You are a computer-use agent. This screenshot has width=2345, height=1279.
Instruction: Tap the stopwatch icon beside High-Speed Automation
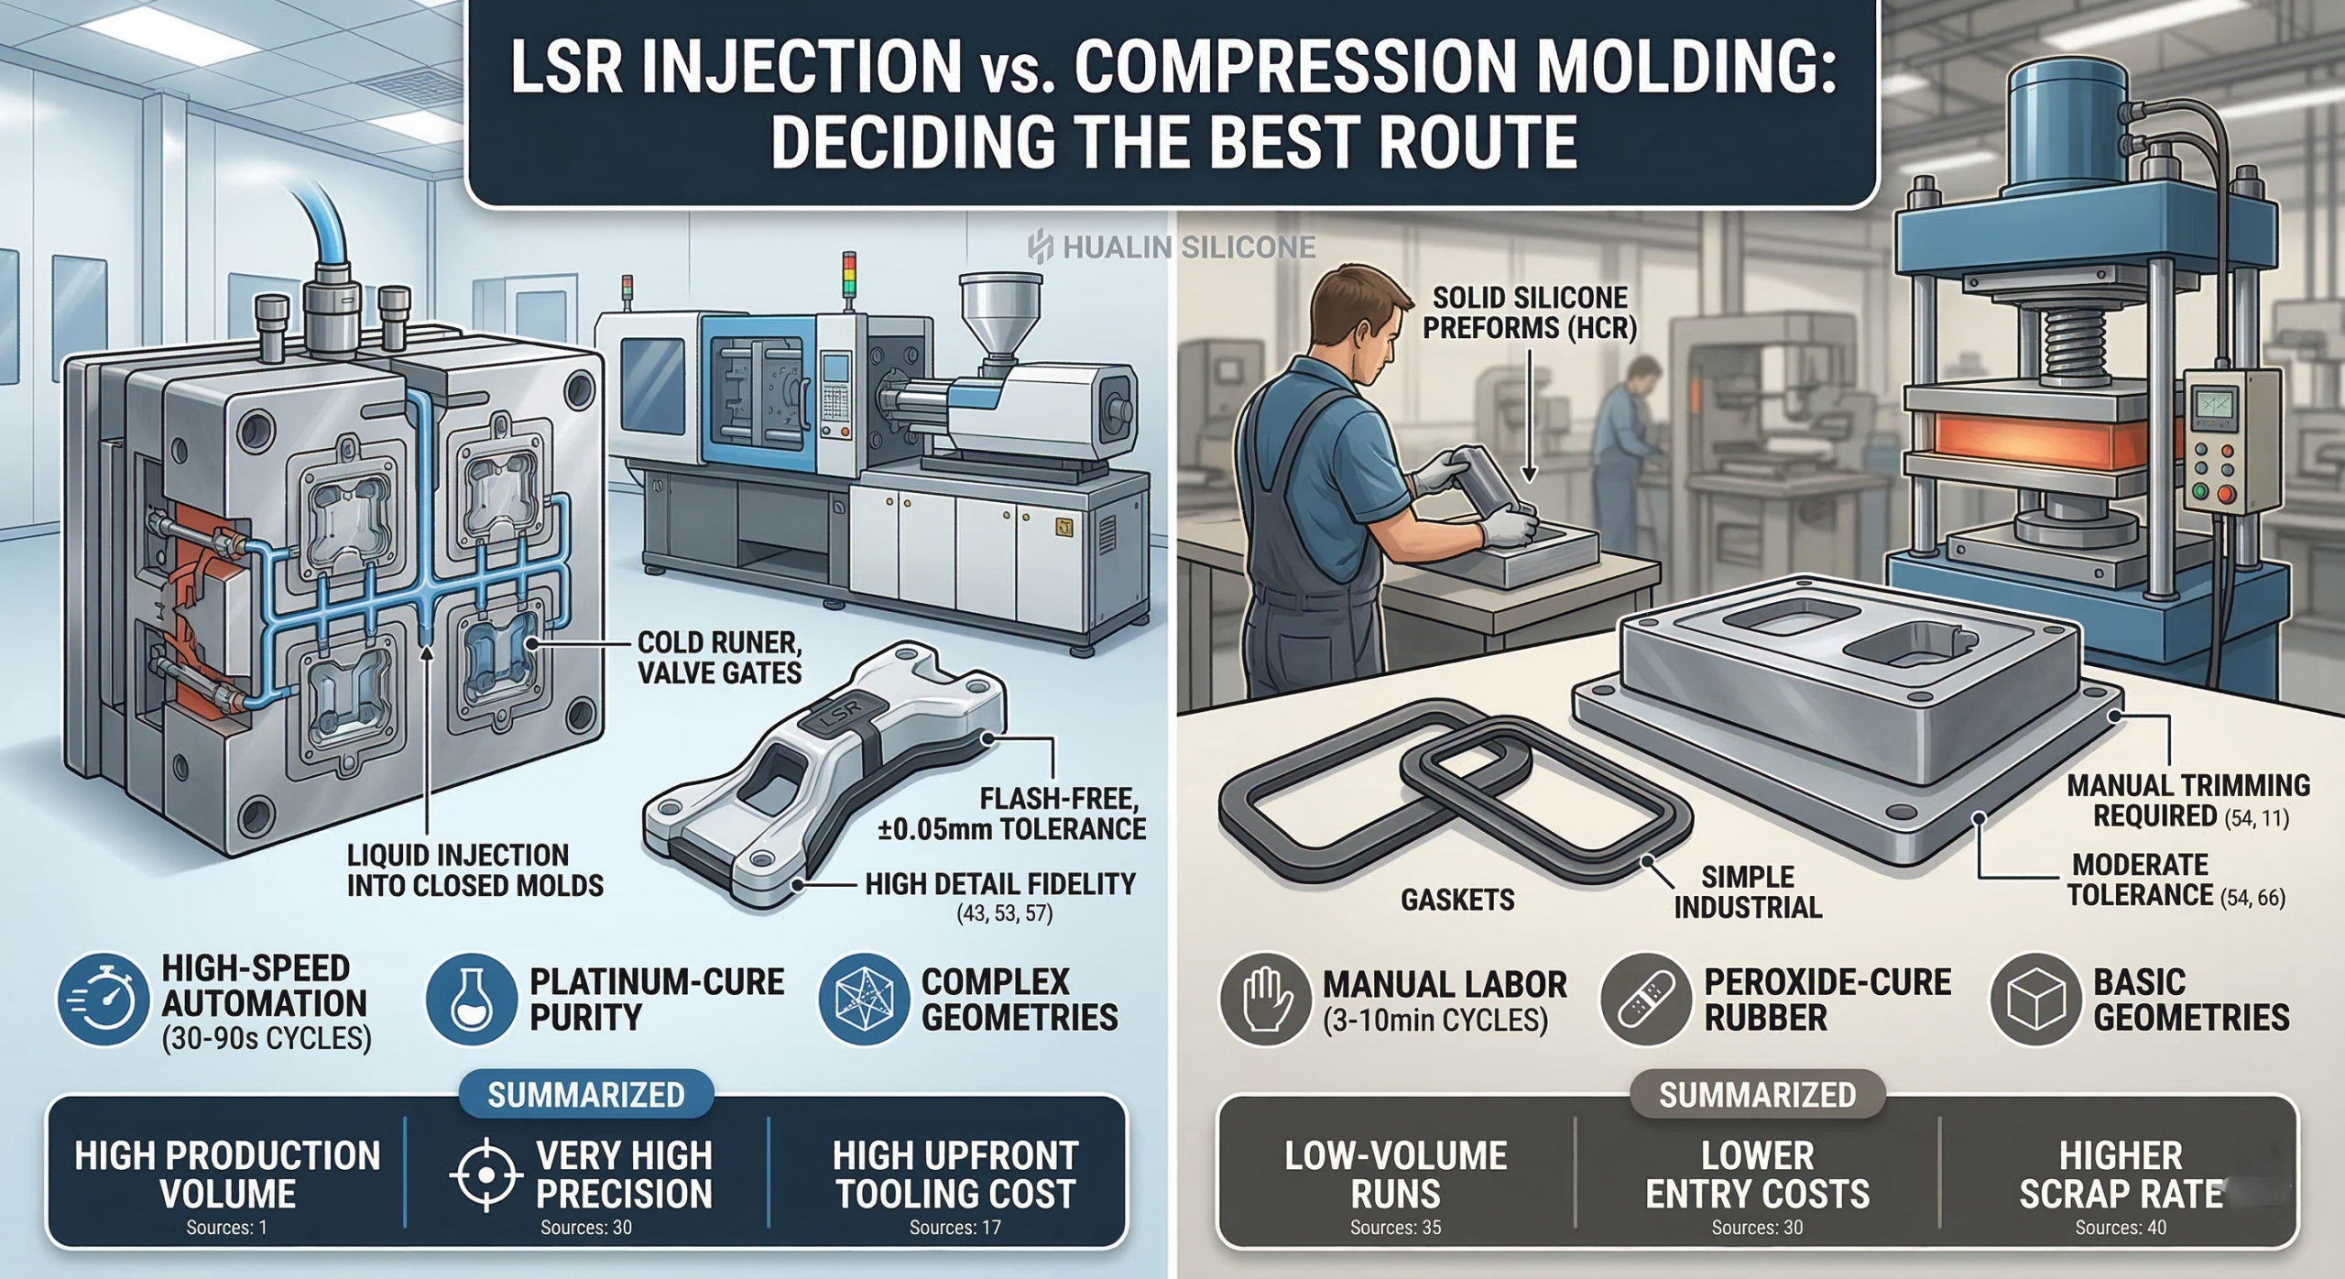103,1000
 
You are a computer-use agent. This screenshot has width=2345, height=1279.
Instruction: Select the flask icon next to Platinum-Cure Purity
471,1000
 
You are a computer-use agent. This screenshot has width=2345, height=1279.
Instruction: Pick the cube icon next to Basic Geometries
2034,1000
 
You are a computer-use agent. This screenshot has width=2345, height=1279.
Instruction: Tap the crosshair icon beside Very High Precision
486,1175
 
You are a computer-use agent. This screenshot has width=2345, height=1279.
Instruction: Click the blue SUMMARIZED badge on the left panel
585,1095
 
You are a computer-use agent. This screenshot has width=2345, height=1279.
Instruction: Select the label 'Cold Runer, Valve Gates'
719,658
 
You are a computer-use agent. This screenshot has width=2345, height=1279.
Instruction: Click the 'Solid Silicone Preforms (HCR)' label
1529,312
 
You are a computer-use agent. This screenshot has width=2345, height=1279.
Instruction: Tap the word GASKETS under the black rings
1456,900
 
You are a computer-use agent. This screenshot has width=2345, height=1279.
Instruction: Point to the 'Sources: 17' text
954,1228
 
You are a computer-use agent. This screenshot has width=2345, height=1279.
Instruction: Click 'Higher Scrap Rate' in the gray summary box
2121,1175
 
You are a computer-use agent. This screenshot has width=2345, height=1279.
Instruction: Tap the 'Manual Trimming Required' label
2187,801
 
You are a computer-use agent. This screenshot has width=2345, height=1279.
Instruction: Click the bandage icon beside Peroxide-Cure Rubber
1645,1000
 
